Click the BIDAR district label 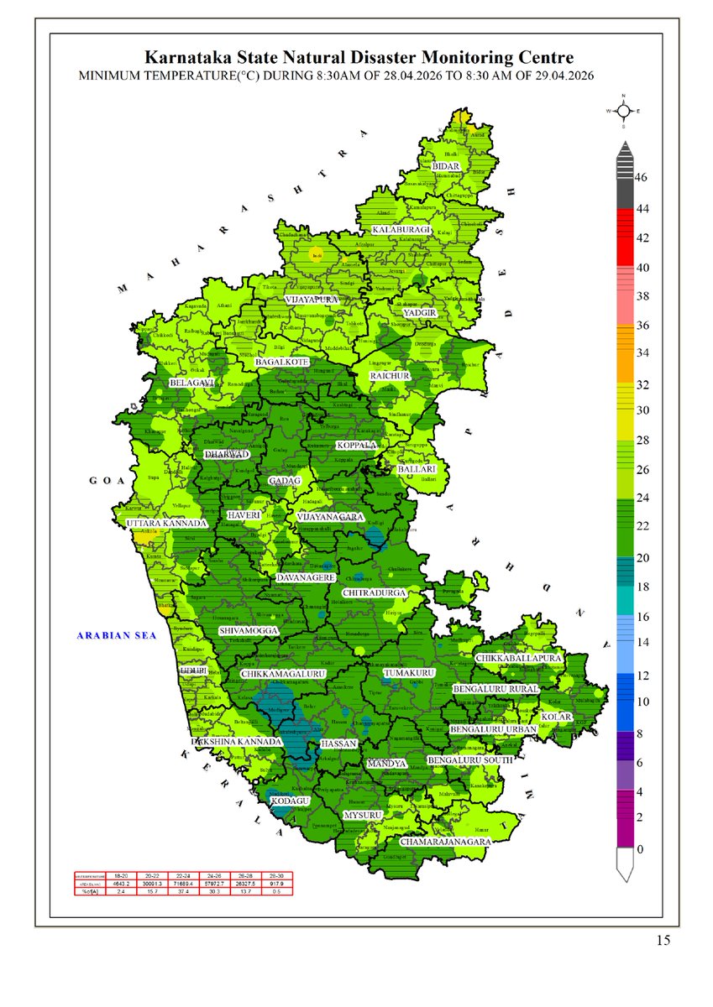click(x=446, y=166)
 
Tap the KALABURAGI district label click(x=401, y=229)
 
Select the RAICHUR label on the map click(x=390, y=376)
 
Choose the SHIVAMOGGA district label click(x=248, y=630)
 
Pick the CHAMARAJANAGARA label click(x=445, y=840)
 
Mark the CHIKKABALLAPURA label click(x=517, y=659)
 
